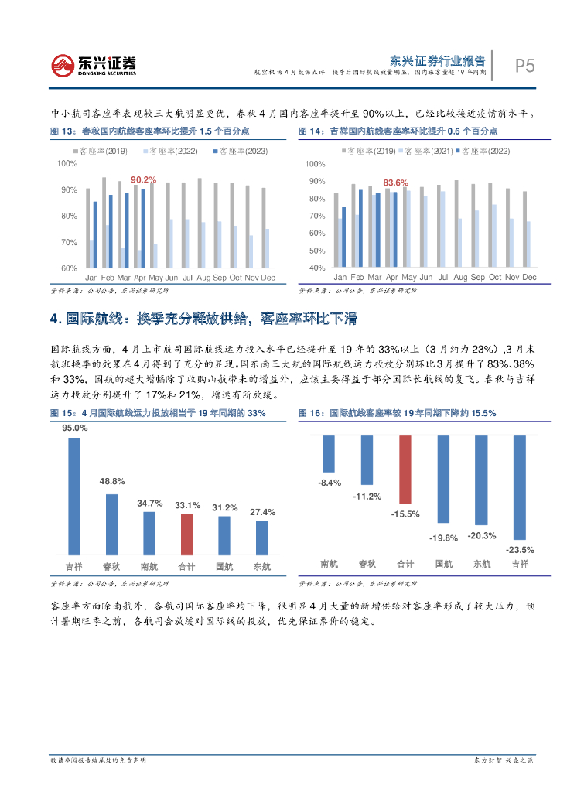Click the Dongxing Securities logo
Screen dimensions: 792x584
pyautogui.click(x=93, y=65)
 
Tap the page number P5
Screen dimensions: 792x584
pyautogui.click(x=524, y=67)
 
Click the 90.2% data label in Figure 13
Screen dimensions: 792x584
pyautogui.click(x=143, y=179)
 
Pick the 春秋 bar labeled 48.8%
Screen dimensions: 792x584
pyautogui.click(x=112, y=523)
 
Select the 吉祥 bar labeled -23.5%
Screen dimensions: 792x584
pyautogui.click(x=520, y=487)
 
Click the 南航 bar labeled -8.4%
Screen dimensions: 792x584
pyautogui.click(x=330, y=454)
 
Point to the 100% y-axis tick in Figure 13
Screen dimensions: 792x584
pyautogui.click(x=67, y=164)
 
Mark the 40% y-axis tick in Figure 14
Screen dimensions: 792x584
pyautogui.click(x=315, y=268)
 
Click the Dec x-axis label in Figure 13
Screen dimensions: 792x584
pyautogui.click(x=268, y=277)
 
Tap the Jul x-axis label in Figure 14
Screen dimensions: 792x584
pyautogui.click(x=442, y=277)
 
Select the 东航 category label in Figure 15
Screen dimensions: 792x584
pyautogui.click(x=261, y=566)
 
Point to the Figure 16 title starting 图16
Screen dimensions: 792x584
pyautogui.click(x=397, y=413)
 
